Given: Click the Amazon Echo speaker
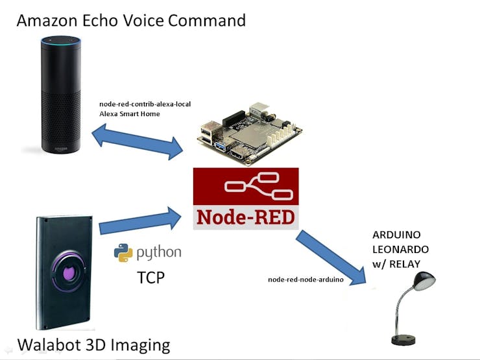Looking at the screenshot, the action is [61, 95].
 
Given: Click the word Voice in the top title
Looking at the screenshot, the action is [143, 20].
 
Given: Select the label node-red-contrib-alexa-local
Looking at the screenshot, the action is [145, 104].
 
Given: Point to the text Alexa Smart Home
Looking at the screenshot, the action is [130, 114].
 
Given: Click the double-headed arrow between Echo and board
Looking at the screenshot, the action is [138, 141].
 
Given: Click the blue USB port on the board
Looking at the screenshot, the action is [221, 146].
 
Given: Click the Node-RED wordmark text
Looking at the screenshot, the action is [246, 217].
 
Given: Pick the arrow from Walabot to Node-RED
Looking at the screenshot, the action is [140, 220].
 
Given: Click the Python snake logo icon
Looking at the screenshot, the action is [123, 253].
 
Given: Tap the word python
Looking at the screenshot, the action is [159, 253].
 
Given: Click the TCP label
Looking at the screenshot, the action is [150, 278].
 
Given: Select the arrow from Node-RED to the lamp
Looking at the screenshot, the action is [331, 258].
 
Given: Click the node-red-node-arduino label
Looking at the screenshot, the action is [306, 280].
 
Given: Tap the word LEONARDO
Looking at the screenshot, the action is [400, 249].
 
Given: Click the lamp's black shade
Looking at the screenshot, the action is [424, 281].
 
